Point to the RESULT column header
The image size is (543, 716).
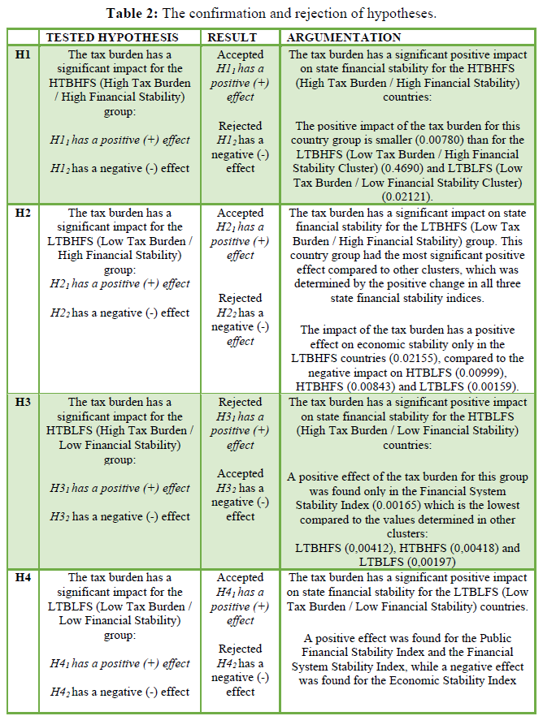[232, 37]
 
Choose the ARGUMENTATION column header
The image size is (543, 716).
[345, 37]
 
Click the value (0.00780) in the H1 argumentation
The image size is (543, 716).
[451, 140]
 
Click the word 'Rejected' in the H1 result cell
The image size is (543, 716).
[241, 126]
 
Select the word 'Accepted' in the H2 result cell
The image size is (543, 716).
[241, 213]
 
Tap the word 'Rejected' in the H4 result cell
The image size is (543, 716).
[241, 649]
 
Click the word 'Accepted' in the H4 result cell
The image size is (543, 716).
[241, 577]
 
